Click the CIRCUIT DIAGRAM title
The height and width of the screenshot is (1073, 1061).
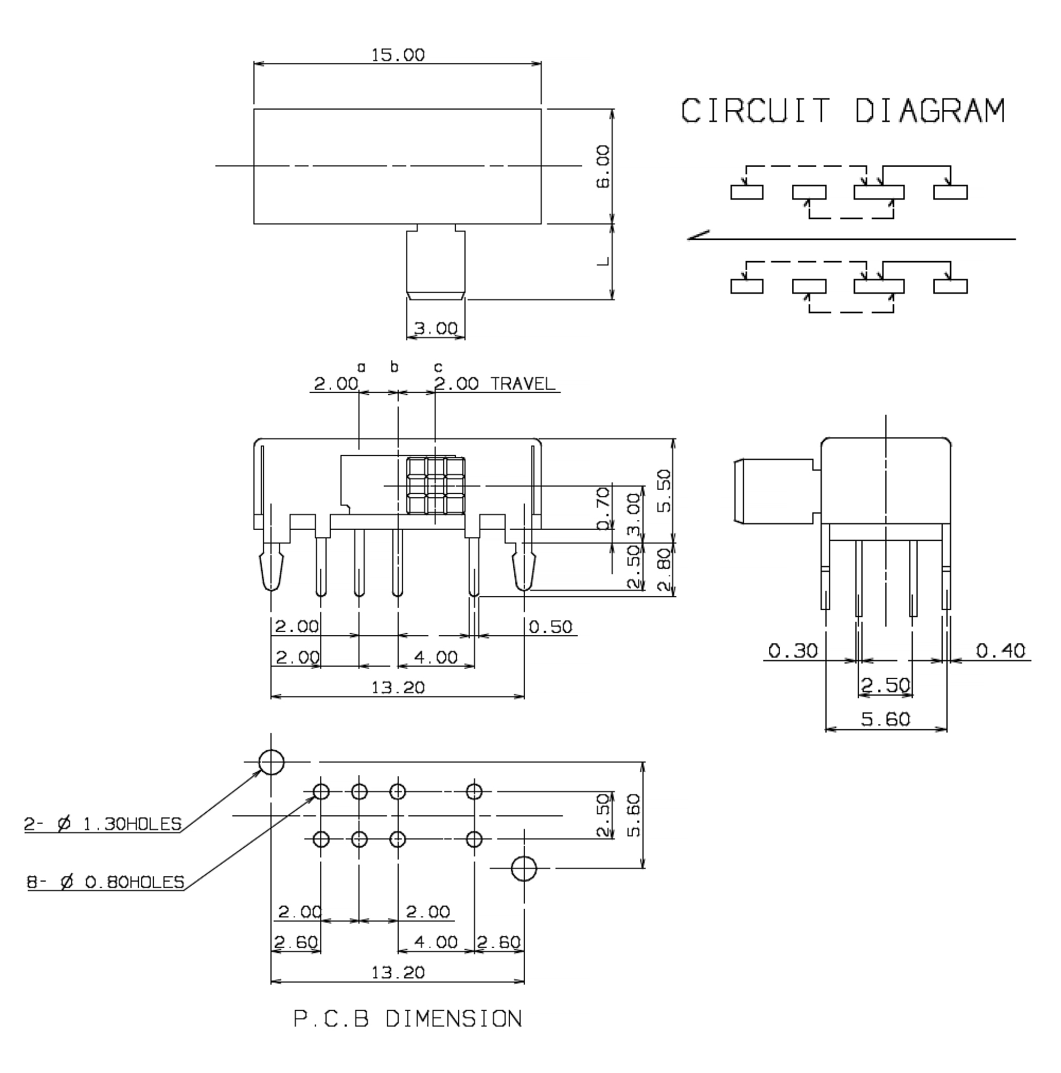[842, 111]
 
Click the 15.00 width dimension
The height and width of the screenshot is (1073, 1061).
[398, 55]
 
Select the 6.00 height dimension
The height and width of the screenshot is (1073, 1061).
[603, 167]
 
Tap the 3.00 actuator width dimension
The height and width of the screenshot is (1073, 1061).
[436, 328]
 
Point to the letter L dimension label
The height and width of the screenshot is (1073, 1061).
[603, 261]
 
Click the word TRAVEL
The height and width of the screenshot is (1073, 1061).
[522, 384]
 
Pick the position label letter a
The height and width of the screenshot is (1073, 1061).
[361, 367]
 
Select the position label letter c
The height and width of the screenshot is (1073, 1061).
[438, 367]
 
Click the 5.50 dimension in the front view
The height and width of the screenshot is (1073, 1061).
[663, 490]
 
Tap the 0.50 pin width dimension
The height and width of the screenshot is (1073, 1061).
[549, 627]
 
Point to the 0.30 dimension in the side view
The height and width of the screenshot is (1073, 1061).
[793, 650]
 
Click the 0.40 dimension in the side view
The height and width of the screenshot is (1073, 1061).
[1001, 650]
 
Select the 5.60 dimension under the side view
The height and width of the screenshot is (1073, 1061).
[886, 719]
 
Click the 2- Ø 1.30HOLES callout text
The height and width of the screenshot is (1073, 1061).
[103, 824]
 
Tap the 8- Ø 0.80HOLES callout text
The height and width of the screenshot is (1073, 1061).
[105, 882]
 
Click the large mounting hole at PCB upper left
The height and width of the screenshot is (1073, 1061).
[272, 762]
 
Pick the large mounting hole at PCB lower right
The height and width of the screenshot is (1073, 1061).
[524, 868]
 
